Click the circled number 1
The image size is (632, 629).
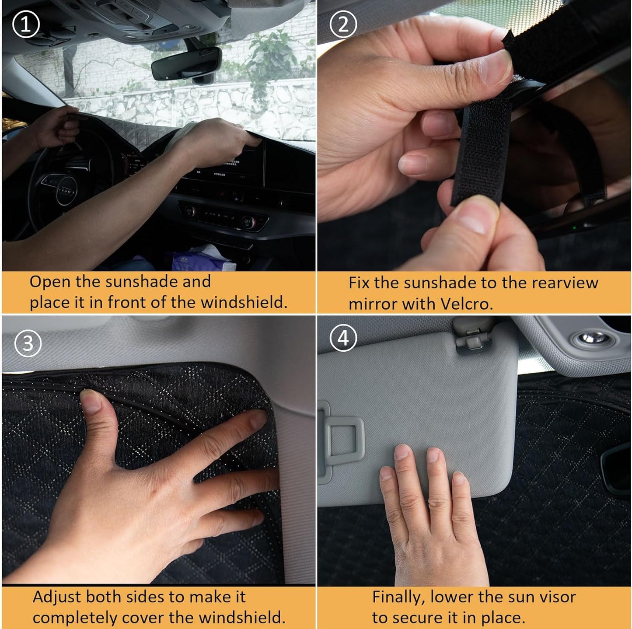pos(26,24)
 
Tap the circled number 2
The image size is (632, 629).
pos(343,24)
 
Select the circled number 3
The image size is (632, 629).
pos(28,343)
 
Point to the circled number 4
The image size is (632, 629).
pos(343,338)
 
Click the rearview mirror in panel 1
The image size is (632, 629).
pos(186,64)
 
